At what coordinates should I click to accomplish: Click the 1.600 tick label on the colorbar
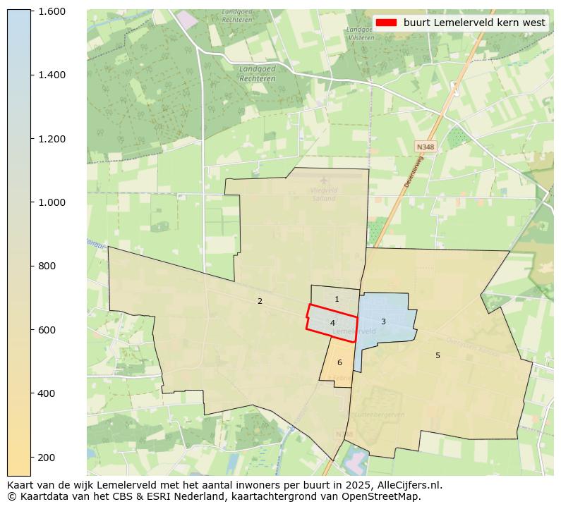coord(51,11)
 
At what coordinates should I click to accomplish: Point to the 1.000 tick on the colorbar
coord(51,202)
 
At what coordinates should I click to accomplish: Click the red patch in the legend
coord(386,23)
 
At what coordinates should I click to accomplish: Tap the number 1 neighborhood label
coord(337,300)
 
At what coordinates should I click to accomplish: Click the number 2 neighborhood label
coord(260,301)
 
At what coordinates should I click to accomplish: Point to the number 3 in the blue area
coord(383,321)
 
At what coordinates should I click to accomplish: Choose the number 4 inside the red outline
coord(332,323)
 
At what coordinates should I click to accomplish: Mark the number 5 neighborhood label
coord(438,355)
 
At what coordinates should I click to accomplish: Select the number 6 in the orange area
coord(339,362)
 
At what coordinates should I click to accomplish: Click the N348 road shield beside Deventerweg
coord(426,147)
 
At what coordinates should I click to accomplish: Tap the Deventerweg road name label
coord(413,173)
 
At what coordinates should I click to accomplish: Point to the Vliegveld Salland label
coord(324,195)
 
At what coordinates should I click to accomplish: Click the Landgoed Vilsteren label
coord(366,35)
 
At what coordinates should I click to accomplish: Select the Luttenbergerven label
coord(379,415)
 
